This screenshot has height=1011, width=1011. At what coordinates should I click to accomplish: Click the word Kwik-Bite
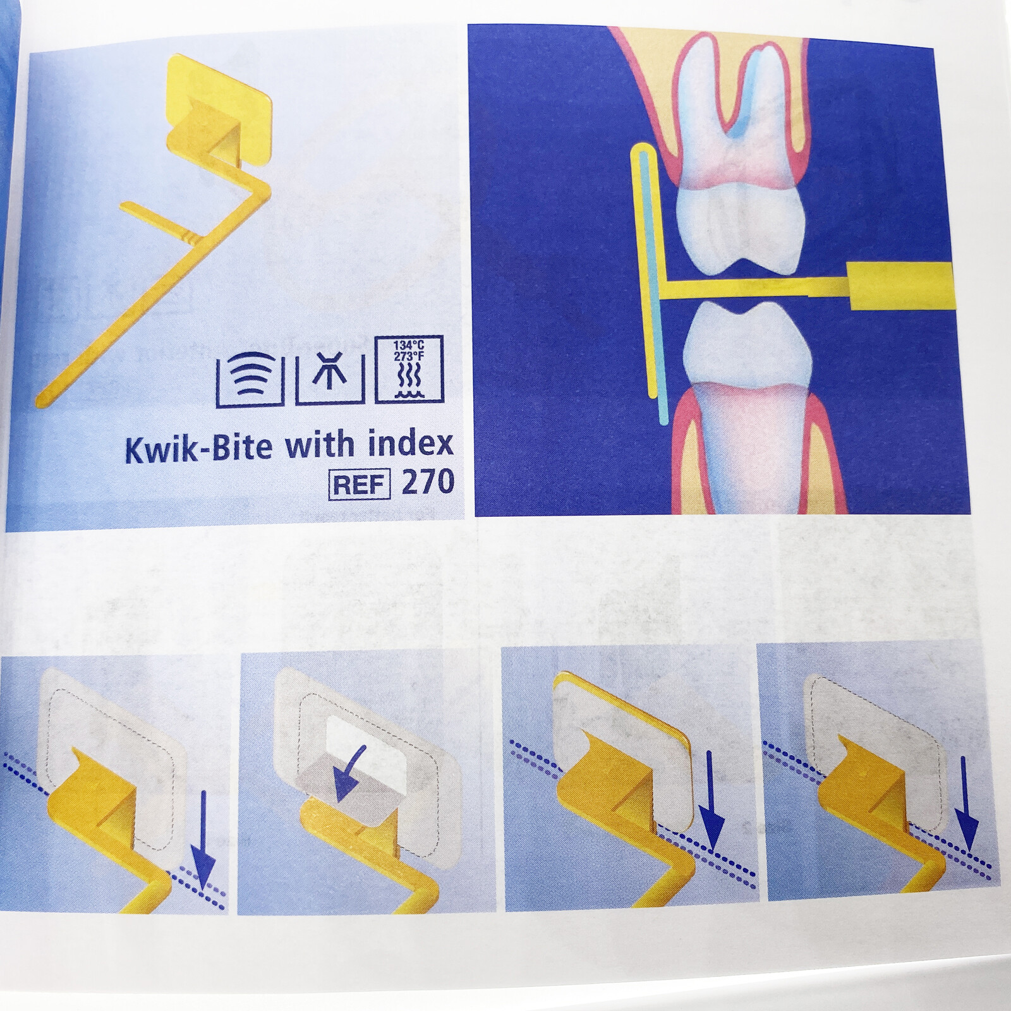(x=198, y=447)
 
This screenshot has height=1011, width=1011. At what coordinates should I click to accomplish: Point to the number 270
(x=428, y=483)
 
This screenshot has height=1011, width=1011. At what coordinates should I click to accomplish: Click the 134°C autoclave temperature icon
(x=409, y=370)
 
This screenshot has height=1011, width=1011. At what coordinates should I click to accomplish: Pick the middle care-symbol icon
(x=330, y=377)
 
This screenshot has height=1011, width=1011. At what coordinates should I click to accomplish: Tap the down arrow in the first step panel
(x=203, y=840)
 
